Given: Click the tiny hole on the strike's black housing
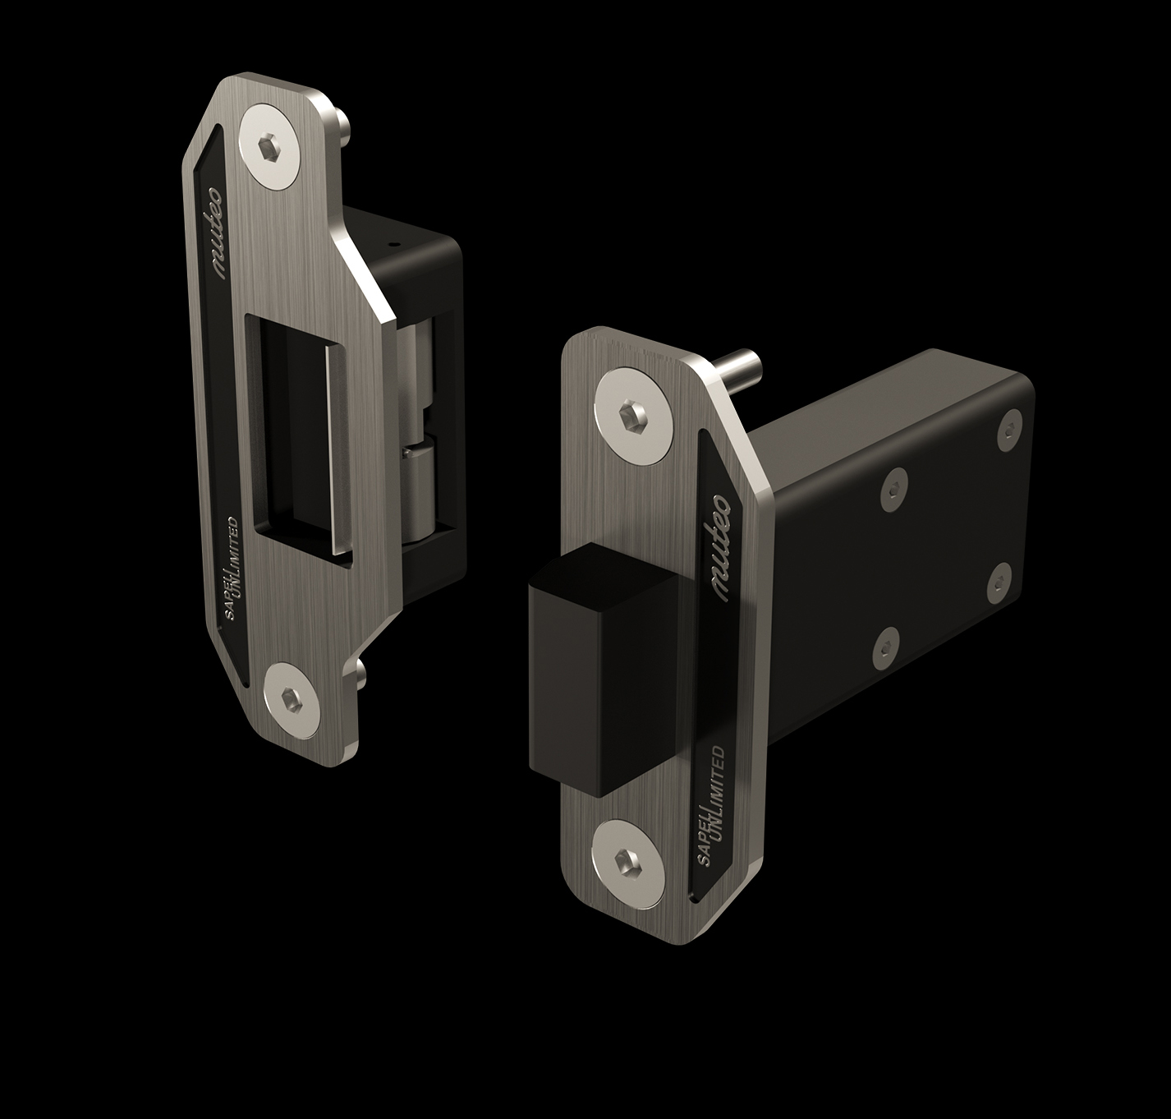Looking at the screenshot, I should click(x=393, y=244).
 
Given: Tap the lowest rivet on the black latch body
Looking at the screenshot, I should click(x=886, y=647).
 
